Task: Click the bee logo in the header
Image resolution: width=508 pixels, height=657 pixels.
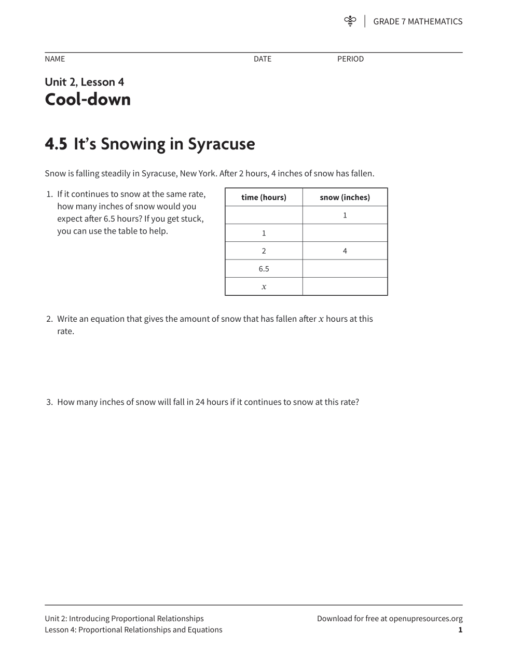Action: click(x=350, y=21)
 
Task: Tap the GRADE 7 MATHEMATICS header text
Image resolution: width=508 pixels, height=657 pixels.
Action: click(x=417, y=21)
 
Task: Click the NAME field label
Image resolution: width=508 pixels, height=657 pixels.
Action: click(x=54, y=59)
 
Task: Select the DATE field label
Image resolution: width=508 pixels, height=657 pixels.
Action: click(x=262, y=59)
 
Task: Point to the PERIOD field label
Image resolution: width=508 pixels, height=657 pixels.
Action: click(x=350, y=59)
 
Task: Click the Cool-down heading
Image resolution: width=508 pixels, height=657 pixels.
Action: click(x=88, y=99)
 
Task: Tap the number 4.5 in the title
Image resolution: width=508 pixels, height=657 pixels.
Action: click(x=56, y=144)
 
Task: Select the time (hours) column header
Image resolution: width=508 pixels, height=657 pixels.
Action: click(x=264, y=197)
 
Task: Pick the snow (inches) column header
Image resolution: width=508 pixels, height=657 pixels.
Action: click(x=345, y=197)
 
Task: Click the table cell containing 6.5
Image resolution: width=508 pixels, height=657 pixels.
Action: click(x=264, y=269)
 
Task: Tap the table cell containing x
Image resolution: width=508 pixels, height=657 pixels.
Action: click(x=264, y=286)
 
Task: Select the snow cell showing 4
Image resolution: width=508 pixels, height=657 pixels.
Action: click(x=345, y=251)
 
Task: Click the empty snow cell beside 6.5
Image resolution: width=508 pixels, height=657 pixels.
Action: click(x=345, y=269)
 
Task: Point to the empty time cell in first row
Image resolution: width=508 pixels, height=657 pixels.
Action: click(x=264, y=215)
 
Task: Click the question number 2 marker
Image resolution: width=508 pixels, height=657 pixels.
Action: click(x=49, y=319)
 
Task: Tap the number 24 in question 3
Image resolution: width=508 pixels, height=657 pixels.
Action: click(x=200, y=402)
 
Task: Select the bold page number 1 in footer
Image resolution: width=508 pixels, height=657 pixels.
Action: click(x=460, y=630)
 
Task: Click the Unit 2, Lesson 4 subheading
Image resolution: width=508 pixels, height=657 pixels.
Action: click(x=84, y=82)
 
